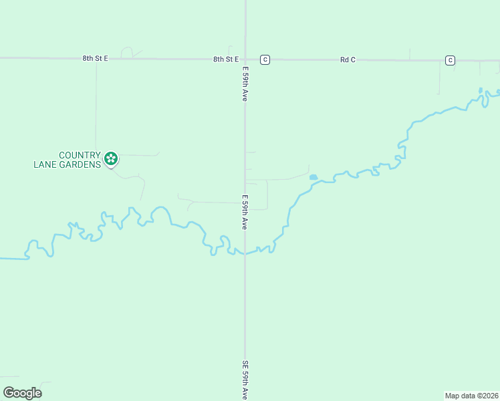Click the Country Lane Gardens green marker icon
click(111, 159)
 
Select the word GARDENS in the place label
click(85, 163)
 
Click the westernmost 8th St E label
click(95, 59)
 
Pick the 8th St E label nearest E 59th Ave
click(226, 59)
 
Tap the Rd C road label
click(348, 60)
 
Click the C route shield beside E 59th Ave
click(265, 60)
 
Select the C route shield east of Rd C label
click(450, 61)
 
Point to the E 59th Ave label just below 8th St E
click(245, 84)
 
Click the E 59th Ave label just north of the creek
click(245, 213)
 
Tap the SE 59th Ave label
click(245, 380)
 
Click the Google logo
click(22, 393)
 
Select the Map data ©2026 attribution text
click(471, 396)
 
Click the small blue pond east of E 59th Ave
click(313, 177)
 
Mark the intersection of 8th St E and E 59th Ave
click(245, 59)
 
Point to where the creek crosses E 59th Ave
click(245, 253)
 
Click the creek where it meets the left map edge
click(2, 258)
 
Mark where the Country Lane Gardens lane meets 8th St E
click(96, 59)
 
